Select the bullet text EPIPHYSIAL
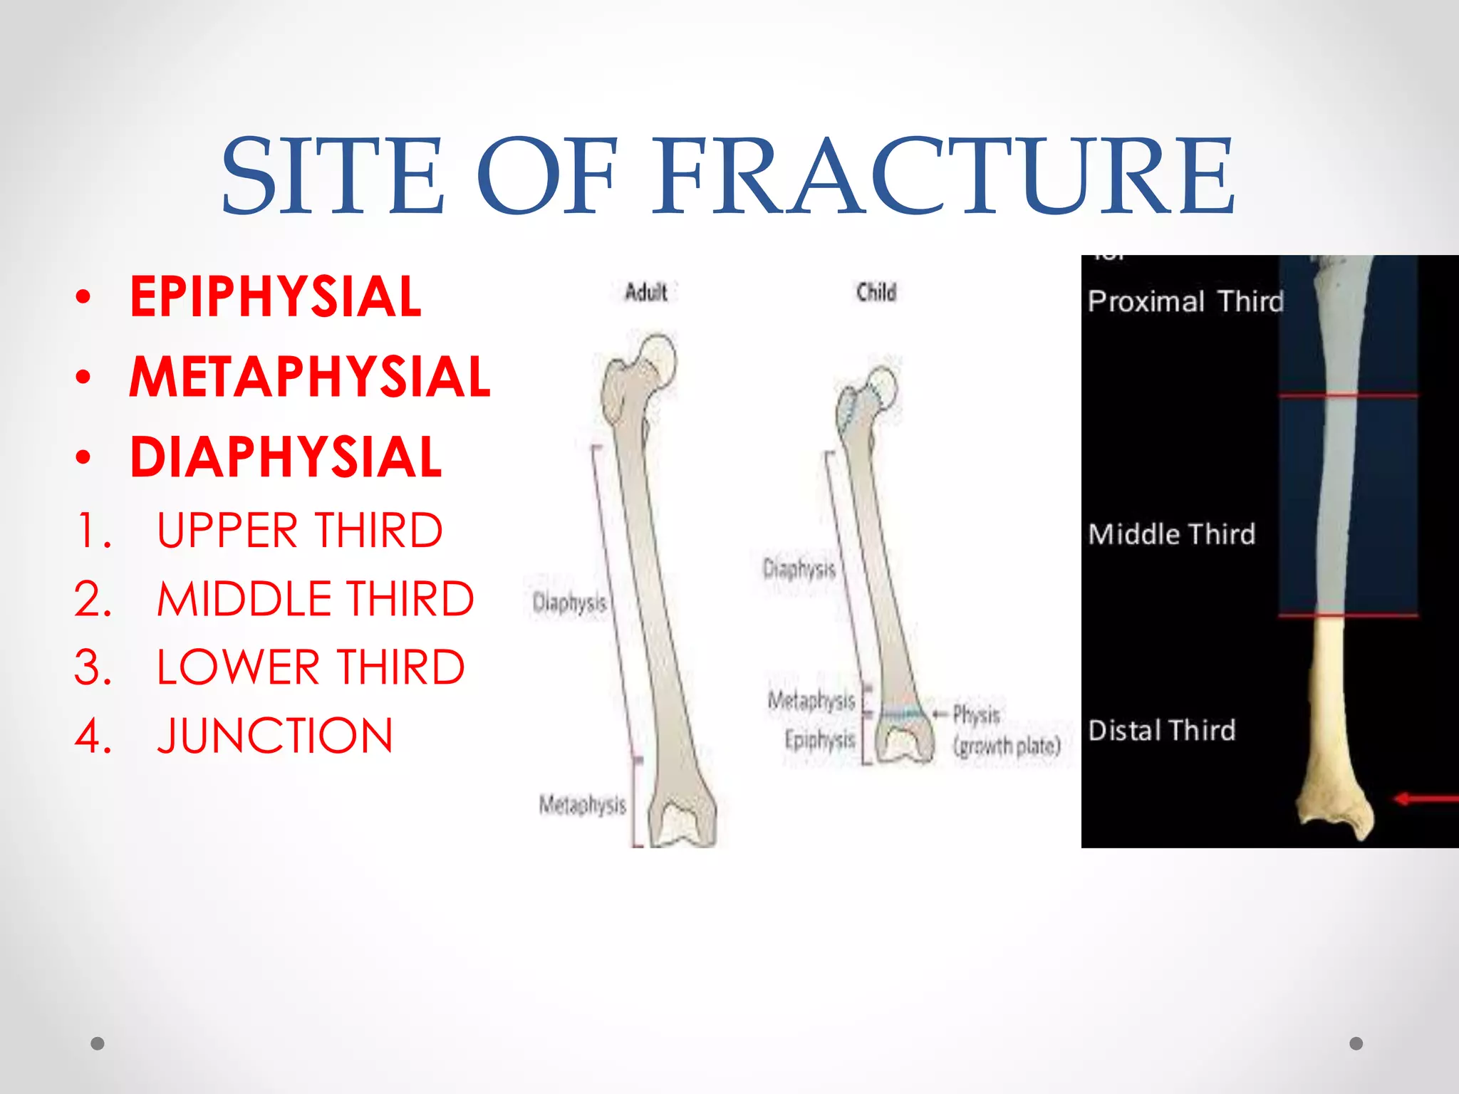click(x=276, y=297)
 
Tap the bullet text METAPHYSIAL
click(x=310, y=377)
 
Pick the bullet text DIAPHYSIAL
click(x=286, y=457)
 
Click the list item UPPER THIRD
click(x=299, y=531)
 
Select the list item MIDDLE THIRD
click(x=315, y=599)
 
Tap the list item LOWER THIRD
click(x=310, y=667)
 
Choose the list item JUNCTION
click(x=274, y=736)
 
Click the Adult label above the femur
click(x=645, y=292)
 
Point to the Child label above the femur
click(x=876, y=292)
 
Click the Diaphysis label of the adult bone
click(x=569, y=603)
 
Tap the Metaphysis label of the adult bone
click(x=582, y=805)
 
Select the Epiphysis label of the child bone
click(x=819, y=740)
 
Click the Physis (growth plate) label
click(x=1005, y=731)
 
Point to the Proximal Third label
click(x=1185, y=301)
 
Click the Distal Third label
click(x=1162, y=731)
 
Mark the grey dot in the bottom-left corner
click(x=98, y=1043)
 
